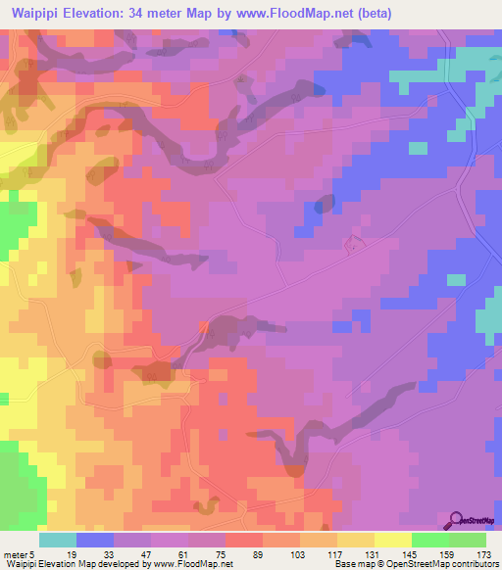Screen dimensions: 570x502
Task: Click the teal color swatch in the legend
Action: (x=58, y=540)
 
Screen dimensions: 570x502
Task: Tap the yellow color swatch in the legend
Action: (x=393, y=540)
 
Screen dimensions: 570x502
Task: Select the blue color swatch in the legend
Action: (x=95, y=540)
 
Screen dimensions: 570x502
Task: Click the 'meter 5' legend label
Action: (x=19, y=553)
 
